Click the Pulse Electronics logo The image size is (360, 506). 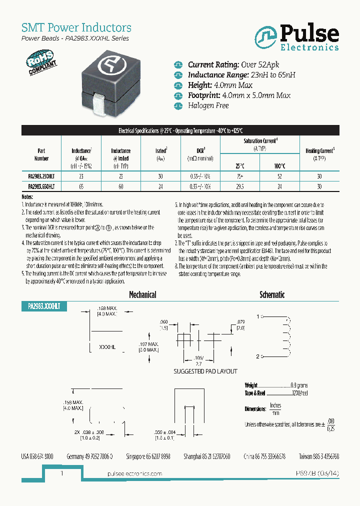(x=296, y=38)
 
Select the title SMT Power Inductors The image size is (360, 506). (x=76, y=27)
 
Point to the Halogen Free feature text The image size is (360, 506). (x=208, y=105)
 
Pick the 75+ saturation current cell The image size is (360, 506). (x=240, y=176)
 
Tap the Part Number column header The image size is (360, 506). (x=41, y=154)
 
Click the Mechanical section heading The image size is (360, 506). (x=142, y=295)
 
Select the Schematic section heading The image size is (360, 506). (x=272, y=295)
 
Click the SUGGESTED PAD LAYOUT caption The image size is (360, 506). (x=205, y=371)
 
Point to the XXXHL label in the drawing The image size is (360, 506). (x=107, y=346)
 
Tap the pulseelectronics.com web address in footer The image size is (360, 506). (x=134, y=473)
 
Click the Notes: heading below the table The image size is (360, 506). (x=27, y=197)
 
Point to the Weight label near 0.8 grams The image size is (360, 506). (x=251, y=385)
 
